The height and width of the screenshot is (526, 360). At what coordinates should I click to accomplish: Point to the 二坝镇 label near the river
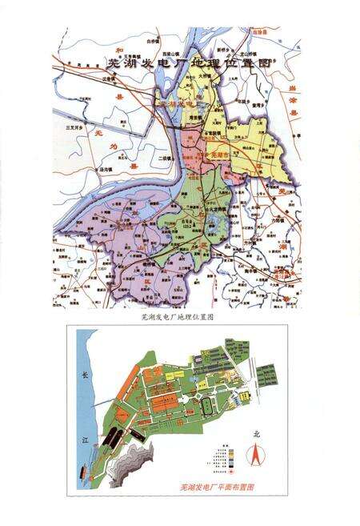(x=165, y=159)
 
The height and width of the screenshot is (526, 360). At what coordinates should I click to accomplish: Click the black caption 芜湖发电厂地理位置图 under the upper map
(x=181, y=318)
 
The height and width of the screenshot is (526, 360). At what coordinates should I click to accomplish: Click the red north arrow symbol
(x=255, y=457)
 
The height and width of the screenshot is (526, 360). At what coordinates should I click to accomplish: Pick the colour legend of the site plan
(x=228, y=455)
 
